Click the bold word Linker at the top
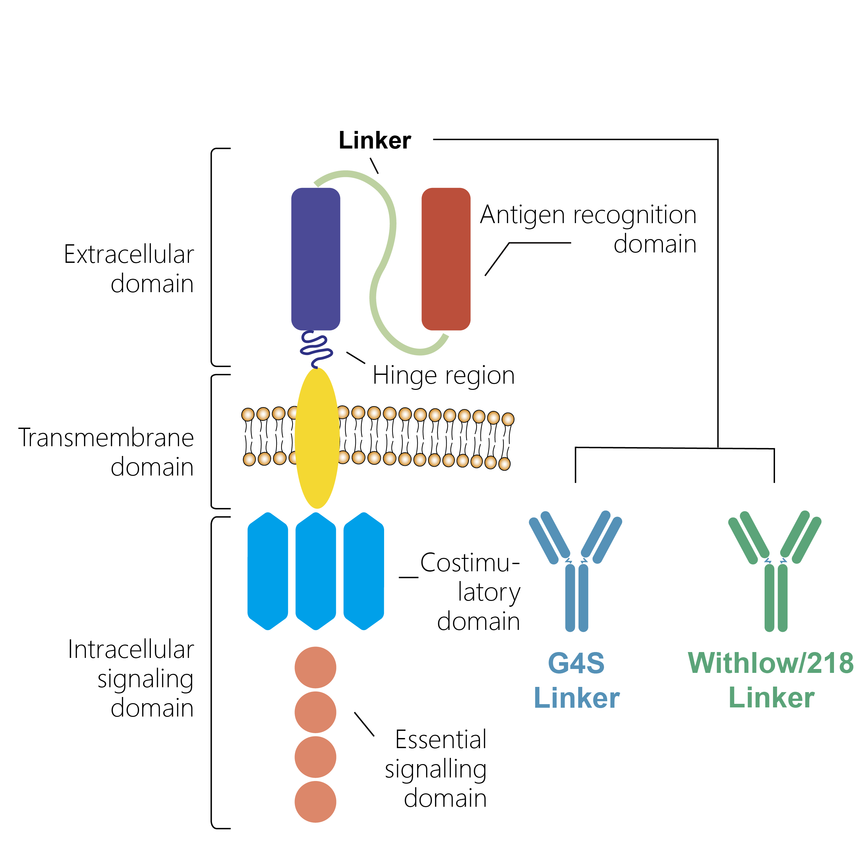click(374, 140)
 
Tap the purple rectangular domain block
click(316, 259)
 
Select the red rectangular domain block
click(446, 259)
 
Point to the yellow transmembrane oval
click(317, 438)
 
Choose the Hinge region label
click(444, 375)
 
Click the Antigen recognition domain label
click(588, 229)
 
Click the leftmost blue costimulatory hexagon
click(267, 571)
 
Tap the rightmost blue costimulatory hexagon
click(364, 571)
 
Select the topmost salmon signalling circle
click(315, 667)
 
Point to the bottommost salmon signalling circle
click(315, 802)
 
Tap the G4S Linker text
click(577, 680)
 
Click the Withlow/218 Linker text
click(771, 680)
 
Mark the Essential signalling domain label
click(436, 769)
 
